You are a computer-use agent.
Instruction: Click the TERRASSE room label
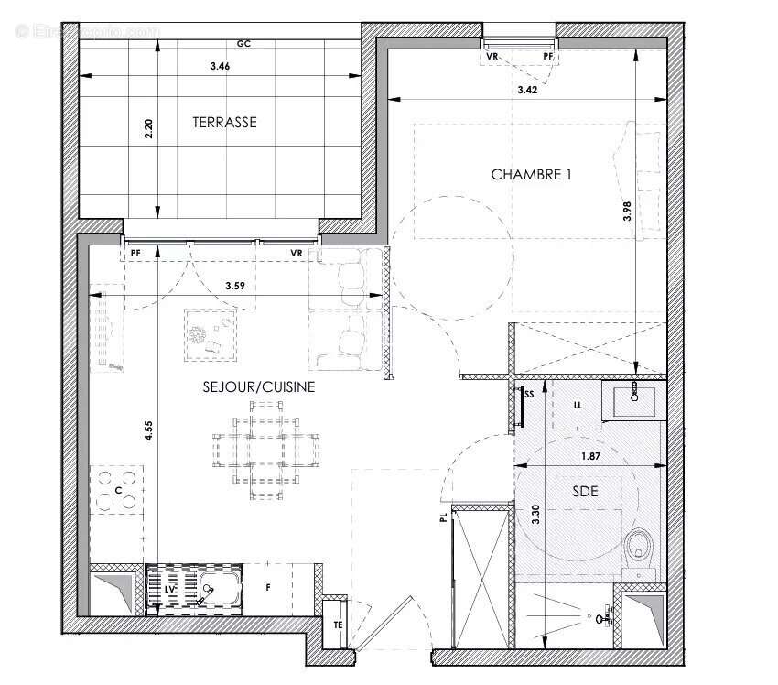coord(224,122)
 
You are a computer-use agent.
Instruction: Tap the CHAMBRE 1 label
coord(531,174)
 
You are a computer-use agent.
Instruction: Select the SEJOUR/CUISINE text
coord(259,387)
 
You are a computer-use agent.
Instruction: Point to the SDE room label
coord(585,492)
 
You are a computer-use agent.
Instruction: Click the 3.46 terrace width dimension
coord(219,66)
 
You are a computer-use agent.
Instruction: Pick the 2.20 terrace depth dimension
coord(149,127)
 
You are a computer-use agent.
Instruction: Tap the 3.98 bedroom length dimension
coord(627,212)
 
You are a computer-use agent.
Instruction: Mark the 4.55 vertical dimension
coord(148,431)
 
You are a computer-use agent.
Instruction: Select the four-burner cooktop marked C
coord(117,489)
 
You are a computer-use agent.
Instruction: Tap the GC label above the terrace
coord(243,44)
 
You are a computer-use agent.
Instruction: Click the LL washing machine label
coord(577,404)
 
